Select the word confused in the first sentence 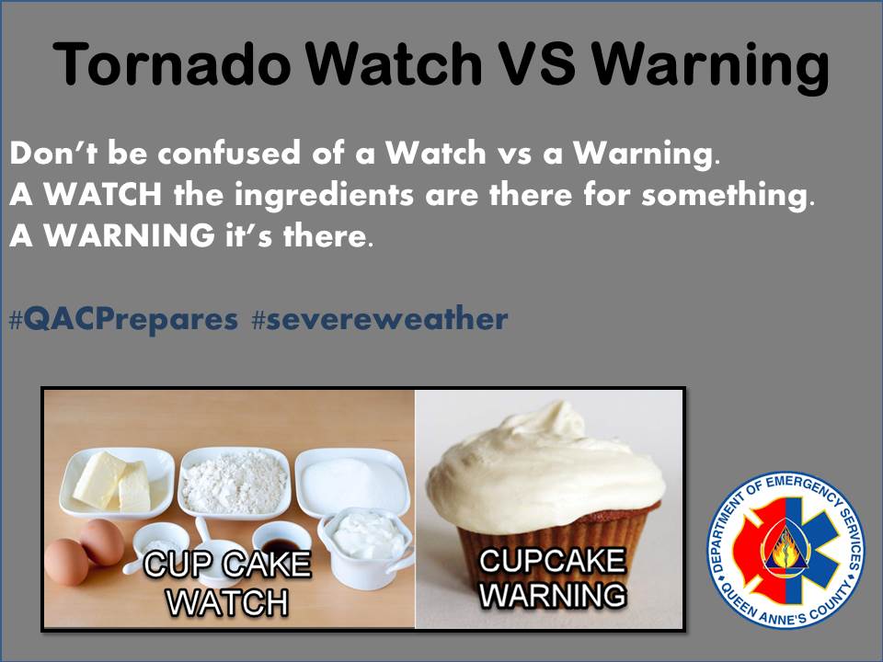click(212, 154)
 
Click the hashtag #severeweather click(379, 319)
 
